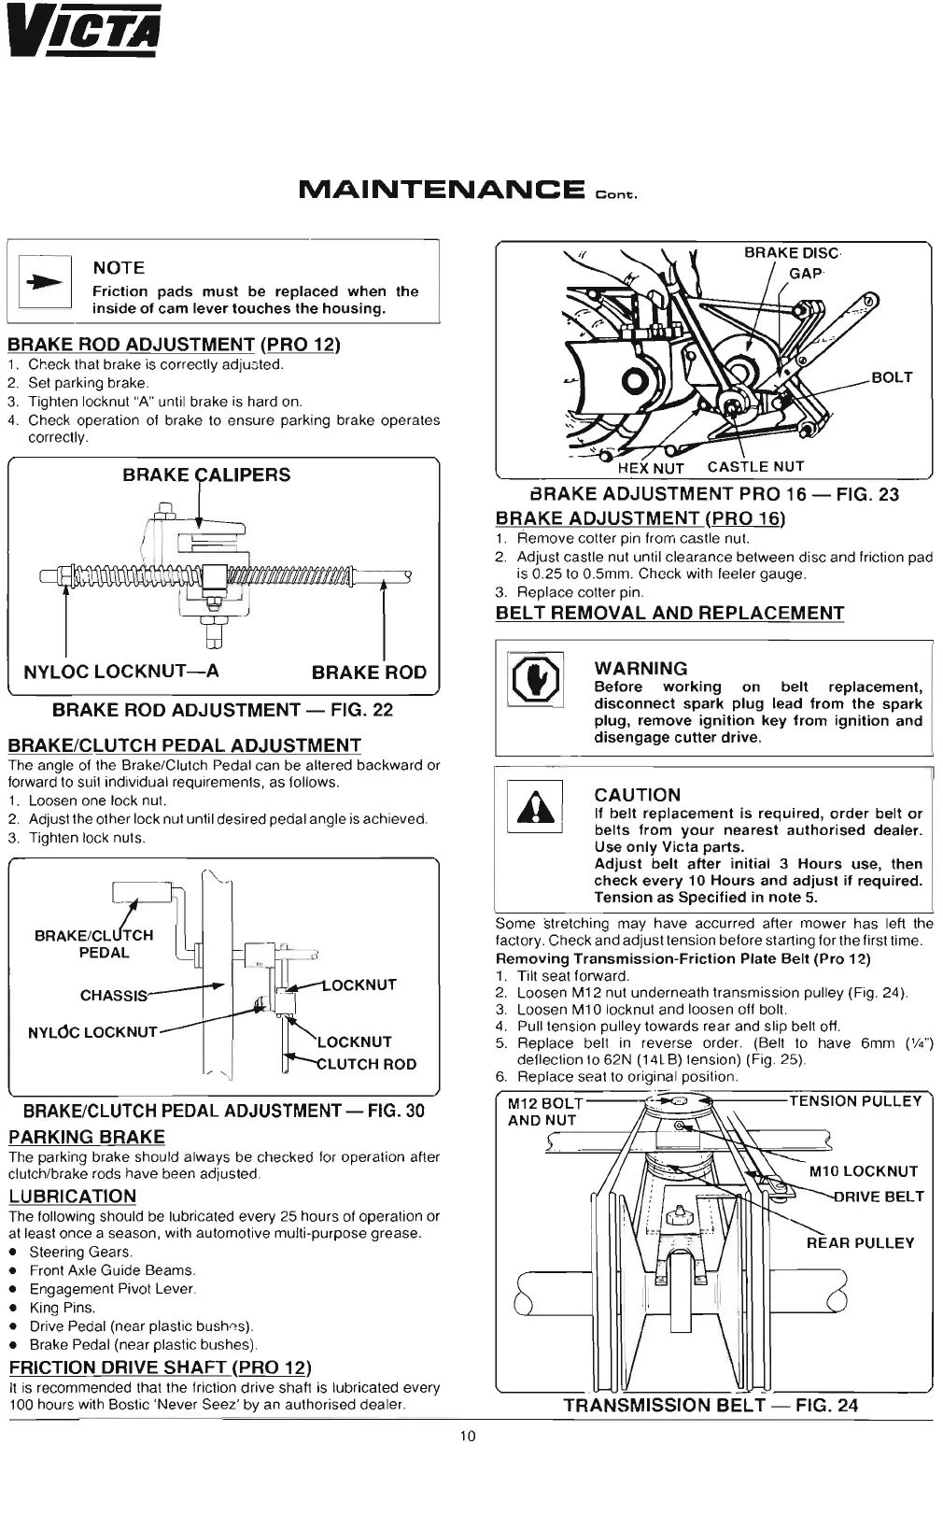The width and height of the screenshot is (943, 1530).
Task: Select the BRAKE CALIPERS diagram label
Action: click(206, 475)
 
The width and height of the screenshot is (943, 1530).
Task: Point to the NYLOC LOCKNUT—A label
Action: click(121, 671)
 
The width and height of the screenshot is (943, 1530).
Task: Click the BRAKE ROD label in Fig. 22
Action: click(369, 672)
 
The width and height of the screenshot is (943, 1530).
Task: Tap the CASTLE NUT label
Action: click(755, 466)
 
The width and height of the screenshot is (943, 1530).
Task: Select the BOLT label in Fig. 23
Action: click(892, 377)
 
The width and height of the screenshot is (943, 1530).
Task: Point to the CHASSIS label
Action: click(114, 995)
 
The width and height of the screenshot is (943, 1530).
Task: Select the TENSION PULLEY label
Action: click(854, 1101)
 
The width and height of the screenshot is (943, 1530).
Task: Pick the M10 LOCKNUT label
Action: click(863, 1171)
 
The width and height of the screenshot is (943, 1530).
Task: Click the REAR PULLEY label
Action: click(860, 1242)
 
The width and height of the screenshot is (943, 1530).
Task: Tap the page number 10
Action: click(468, 1436)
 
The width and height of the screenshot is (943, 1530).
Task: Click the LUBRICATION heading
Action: click(73, 1196)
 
